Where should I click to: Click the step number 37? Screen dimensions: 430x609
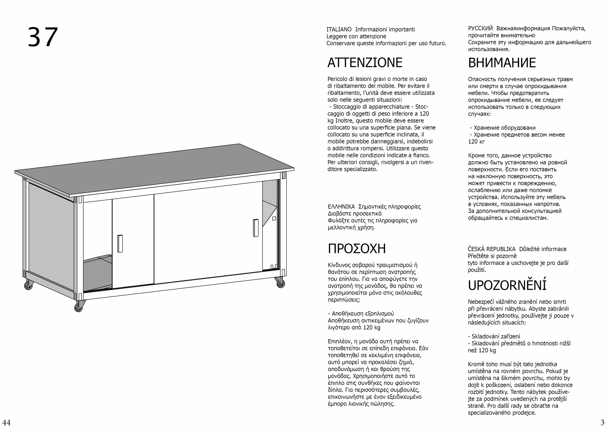tap(43, 37)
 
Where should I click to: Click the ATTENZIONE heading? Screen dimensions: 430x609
tap(365, 63)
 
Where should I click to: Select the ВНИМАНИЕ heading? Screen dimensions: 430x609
tap(502, 63)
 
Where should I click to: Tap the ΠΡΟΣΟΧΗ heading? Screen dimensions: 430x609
tap(357, 249)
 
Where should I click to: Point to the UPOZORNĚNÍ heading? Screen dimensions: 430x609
tap(507, 286)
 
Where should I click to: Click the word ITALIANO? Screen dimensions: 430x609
tap(339, 29)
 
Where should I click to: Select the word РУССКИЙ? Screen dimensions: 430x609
tap(480, 28)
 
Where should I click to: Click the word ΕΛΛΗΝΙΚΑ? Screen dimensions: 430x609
tap(341, 207)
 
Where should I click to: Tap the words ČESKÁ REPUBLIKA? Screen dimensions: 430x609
tap(491, 249)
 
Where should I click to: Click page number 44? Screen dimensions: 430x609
tap(6, 422)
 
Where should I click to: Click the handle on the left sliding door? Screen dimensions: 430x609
tap(120, 244)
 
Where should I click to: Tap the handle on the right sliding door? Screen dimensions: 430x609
tap(256, 228)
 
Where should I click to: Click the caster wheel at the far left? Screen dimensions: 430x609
tap(28, 285)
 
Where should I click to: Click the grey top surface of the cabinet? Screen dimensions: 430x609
tap(154, 170)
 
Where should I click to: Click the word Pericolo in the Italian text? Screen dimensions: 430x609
tap(337, 79)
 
